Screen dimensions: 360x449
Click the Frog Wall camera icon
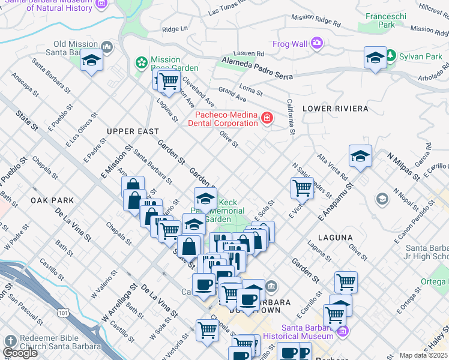pos(316,43)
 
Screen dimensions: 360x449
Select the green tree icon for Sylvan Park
pos(391,56)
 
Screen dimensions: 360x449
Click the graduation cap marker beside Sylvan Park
pos(375,58)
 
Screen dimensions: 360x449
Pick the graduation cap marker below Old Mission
pos(91,60)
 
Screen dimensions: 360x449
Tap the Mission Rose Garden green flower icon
pos(142,62)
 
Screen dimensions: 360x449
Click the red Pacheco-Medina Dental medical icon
pos(267,119)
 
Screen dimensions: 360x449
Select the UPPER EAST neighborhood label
pos(133,131)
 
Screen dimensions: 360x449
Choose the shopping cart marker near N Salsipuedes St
pos(302,187)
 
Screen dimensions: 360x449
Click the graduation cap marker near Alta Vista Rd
pos(360,155)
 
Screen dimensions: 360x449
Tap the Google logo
pos(20,352)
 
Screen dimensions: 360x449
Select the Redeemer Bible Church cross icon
pos(10,341)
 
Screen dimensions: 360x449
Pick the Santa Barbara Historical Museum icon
pos(343,331)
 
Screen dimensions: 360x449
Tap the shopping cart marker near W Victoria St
pos(207,329)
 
